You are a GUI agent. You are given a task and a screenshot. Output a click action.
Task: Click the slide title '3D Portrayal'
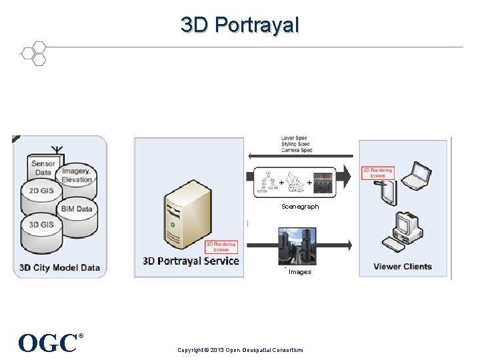[240, 25]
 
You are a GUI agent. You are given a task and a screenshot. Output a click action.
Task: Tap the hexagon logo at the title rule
[33, 53]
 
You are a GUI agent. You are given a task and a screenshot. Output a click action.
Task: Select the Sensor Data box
[43, 167]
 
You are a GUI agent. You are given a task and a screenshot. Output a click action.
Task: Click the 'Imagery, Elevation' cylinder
[77, 175]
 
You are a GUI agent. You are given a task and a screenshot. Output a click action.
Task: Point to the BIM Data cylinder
[76, 209]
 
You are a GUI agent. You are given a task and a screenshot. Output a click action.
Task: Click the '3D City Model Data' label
[59, 268]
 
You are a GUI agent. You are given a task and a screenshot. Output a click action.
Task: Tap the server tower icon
[187, 213]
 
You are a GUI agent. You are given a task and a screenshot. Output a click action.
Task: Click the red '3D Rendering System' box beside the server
[221, 247]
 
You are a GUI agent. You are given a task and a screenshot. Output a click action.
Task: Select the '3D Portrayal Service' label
[191, 261]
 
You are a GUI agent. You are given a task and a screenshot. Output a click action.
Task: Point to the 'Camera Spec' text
[296, 151]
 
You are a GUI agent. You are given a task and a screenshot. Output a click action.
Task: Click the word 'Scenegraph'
[300, 207]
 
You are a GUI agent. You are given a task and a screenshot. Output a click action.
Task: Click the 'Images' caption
[300, 272]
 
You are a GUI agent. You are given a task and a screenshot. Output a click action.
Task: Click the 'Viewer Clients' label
[403, 267]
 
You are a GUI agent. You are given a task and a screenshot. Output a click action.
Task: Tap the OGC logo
[50, 343]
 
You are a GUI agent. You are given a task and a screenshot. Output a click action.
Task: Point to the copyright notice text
[240, 350]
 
